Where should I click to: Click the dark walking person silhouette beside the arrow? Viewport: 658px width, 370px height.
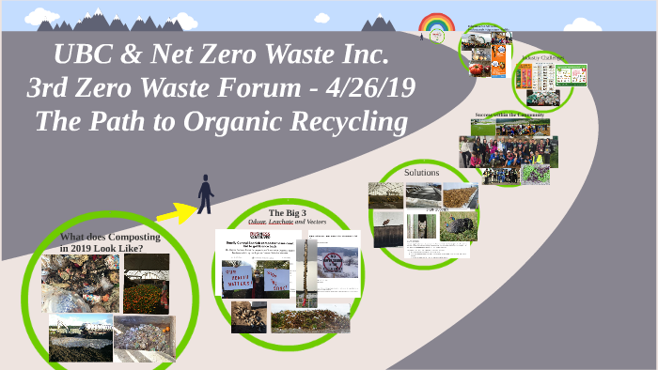(x=205, y=193)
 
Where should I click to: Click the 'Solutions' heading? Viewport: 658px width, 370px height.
(x=421, y=173)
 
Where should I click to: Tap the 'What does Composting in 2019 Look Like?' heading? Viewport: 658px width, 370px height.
(x=102, y=241)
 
